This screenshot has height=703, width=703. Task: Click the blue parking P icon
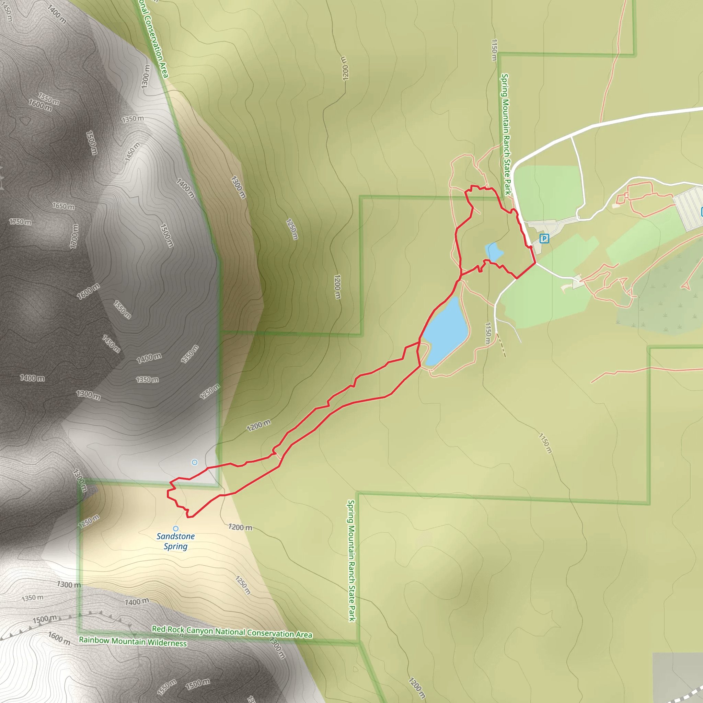[x=544, y=239]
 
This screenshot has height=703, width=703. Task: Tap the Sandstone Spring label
[x=175, y=541]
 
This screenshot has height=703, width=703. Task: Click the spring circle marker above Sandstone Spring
[x=176, y=528]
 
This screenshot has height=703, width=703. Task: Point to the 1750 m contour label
[x=20, y=222]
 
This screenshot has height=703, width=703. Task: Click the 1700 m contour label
[x=74, y=236]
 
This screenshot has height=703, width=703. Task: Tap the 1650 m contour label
[x=63, y=206]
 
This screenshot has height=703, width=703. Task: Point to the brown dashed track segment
[x=502, y=346]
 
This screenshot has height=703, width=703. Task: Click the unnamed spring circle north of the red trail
[x=195, y=462]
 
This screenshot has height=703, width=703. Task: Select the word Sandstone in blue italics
[x=175, y=536]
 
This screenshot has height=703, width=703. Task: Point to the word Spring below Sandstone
[x=175, y=546]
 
